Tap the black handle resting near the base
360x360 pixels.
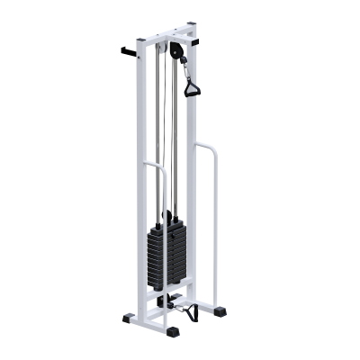click(x=188, y=313)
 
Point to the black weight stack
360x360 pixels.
click(x=168, y=256)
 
